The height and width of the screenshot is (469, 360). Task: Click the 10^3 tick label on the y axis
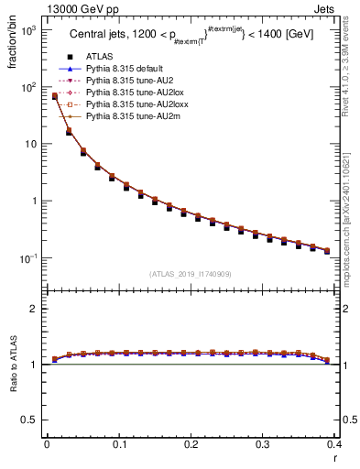tap(28, 31)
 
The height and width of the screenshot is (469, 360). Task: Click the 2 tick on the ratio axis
tap(35, 309)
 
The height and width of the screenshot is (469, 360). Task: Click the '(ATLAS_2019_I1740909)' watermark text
tap(191, 274)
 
